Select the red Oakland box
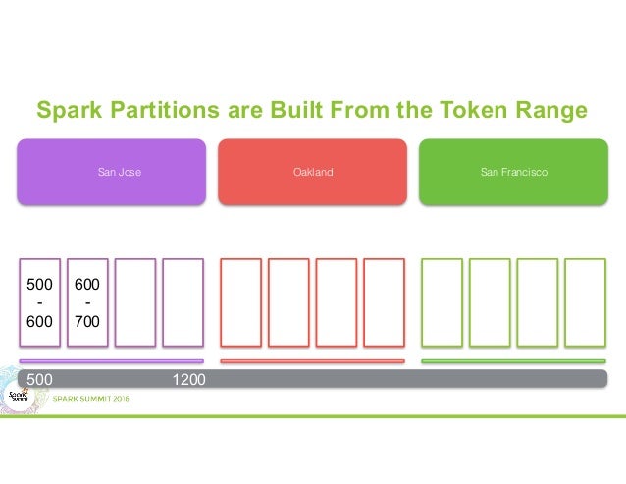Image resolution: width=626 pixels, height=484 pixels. pyautogui.click(x=312, y=172)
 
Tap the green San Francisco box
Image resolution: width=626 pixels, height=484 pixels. pyautogui.click(x=513, y=172)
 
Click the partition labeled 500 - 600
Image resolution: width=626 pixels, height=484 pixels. pyautogui.click(x=40, y=302)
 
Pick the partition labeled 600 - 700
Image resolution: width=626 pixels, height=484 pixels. pyautogui.click(x=87, y=302)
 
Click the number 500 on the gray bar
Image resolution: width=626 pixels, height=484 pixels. pyautogui.click(x=39, y=378)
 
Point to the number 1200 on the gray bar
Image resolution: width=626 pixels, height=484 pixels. pyautogui.click(x=188, y=378)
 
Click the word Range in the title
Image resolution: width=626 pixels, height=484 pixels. pyautogui.click(x=549, y=110)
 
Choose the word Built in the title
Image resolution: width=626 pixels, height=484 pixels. pyautogui.click(x=315, y=110)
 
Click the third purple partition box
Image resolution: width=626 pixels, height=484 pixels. pyautogui.click(x=135, y=302)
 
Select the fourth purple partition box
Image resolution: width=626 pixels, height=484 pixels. pyautogui.click(x=183, y=302)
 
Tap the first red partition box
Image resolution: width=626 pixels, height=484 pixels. pyautogui.click(x=241, y=302)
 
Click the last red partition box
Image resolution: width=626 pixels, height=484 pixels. pyautogui.click(x=384, y=302)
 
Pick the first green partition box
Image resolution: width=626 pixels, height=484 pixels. pyautogui.click(x=443, y=302)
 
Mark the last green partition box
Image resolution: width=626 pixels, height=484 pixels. pyautogui.click(x=585, y=302)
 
